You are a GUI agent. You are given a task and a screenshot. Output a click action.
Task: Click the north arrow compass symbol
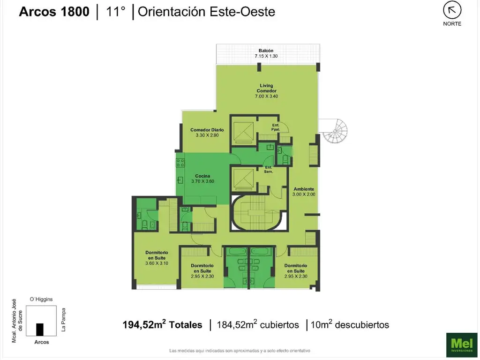(x=452, y=10)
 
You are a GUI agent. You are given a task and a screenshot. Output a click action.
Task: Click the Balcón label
(x=266, y=51)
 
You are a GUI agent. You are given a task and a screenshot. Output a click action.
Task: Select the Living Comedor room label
(x=266, y=88)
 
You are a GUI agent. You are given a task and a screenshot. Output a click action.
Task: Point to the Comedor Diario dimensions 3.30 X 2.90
(x=207, y=135)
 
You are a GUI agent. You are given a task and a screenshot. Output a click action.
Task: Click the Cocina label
(x=202, y=176)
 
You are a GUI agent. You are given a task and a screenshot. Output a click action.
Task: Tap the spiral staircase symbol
(x=335, y=131)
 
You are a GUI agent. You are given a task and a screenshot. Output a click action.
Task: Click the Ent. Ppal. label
(x=276, y=127)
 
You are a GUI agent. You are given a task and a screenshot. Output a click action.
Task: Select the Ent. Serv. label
(x=269, y=169)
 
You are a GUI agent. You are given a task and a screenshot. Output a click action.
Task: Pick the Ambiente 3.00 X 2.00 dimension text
(x=304, y=194)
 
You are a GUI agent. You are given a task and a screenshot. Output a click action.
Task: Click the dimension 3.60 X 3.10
(x=157, y=263)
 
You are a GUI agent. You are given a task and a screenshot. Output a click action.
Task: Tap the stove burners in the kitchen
(x=180, y=163)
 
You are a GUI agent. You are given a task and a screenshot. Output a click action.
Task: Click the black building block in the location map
(x=40, y=330)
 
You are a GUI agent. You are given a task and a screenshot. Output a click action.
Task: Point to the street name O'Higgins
(x=41, y=299)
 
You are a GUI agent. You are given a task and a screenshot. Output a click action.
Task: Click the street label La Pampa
(x=63, y=320)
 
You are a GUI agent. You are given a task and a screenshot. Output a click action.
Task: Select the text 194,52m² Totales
(x=162, y=324)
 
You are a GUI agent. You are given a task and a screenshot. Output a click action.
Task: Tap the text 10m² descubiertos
(x=350, y=324)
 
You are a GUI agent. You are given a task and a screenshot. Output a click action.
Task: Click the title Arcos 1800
(x=54, y=12)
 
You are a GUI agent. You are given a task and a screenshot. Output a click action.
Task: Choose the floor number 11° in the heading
(x=115, y=11)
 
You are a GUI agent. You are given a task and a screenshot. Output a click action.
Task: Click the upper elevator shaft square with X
(x=243, y=131)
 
